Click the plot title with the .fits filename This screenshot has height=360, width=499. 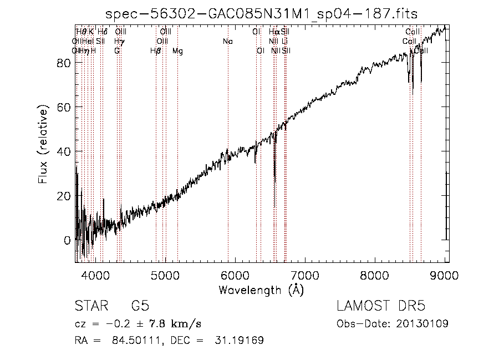coord(262,13)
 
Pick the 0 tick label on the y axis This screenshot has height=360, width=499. coord(67,240)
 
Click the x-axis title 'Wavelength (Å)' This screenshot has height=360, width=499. coord(261,290)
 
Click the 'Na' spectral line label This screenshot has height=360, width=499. coord(227,41)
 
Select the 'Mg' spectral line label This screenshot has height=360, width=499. coord(177,51)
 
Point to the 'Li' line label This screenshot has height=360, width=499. coord(284,41)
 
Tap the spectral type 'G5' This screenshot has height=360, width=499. coord(139,306)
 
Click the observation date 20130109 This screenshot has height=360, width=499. coord(427,323)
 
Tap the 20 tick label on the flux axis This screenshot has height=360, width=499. coord(63,196)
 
